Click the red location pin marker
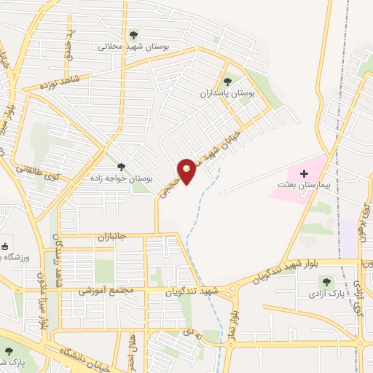[187, 171]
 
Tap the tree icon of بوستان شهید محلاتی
[133, 34]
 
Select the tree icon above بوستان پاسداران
[227, 82]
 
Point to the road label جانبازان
[113, 237]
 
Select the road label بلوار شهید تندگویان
[280, 271]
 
